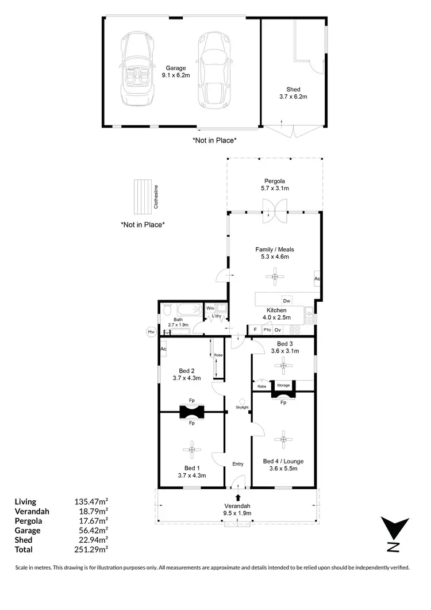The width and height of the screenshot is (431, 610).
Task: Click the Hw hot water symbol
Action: tap(151, 332)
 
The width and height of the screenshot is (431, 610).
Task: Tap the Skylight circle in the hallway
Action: tap(242, 401)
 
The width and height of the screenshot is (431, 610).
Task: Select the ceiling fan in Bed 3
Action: tap(283, 366)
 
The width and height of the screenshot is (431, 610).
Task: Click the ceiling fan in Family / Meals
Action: tap(275, 277)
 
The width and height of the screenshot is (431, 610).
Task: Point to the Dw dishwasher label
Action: tap(287, 301)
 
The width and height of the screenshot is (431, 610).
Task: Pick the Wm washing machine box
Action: tap(210, 309)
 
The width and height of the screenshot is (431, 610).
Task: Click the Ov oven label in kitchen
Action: tap(278, 330)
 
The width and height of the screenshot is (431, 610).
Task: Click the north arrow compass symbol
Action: tap(394, 534)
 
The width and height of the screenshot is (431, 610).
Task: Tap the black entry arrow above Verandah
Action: tap(238, 497)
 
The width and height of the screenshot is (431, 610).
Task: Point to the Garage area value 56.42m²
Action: tap(91, 531)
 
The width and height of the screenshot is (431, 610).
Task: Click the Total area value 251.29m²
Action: tap(91, 550)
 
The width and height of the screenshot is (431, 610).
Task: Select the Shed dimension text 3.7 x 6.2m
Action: tap(293, 97)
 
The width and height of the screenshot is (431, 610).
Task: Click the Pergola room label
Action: tap(275, 181)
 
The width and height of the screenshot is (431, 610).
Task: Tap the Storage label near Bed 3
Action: tap(283, 386)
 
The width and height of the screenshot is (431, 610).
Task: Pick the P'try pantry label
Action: tap(267, 330)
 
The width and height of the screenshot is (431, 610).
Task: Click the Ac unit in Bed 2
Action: tap(163, 348)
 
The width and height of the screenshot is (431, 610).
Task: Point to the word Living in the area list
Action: tap(25, 502)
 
